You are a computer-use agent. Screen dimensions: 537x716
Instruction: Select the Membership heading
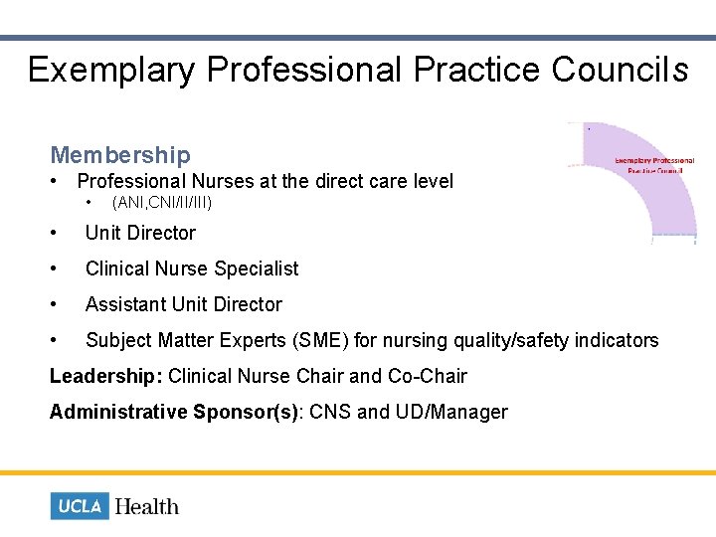click(120, 155)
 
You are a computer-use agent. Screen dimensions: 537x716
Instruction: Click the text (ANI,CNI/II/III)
click(162, 203)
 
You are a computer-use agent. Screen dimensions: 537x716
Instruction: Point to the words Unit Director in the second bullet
click(140, 233)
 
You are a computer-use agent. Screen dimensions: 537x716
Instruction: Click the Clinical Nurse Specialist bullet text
click(192, 268)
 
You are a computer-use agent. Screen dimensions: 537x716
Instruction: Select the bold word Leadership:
click(106, 376)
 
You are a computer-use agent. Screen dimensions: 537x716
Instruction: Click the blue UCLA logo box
click(80, 506)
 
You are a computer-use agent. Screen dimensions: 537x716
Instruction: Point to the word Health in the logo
click(147, 506)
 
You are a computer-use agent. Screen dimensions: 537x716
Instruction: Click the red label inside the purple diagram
click(653, 165)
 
